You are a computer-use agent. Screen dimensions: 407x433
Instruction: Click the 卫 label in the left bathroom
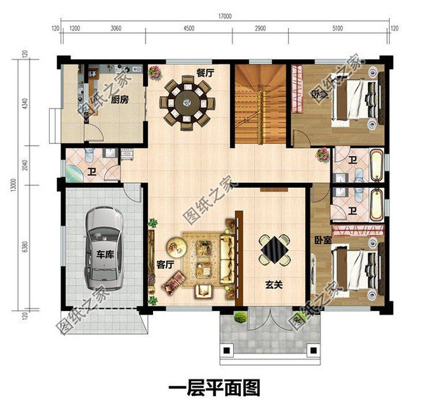93,172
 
